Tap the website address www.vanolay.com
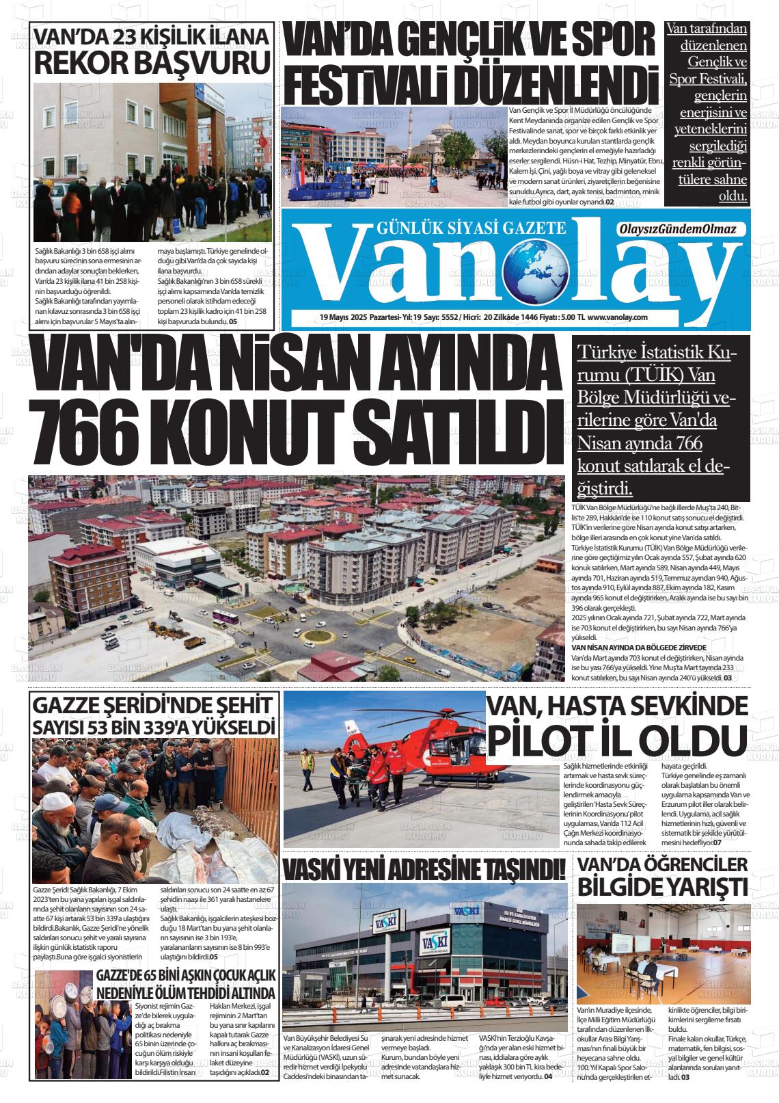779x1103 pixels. pos(617,317)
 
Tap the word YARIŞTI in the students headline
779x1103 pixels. pos(706,888)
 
